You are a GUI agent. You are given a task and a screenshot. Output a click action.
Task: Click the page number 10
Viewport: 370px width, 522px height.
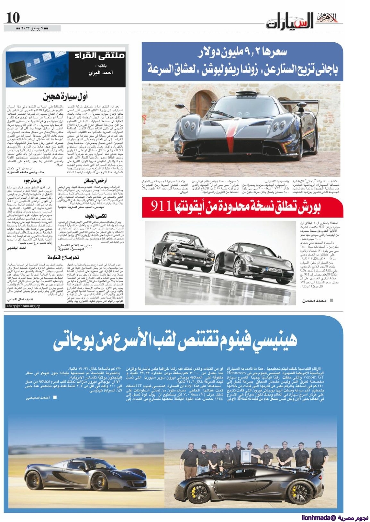click(x=13, y=17)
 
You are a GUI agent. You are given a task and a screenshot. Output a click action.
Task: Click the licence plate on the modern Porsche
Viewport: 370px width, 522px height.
click(x=274, y=270)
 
